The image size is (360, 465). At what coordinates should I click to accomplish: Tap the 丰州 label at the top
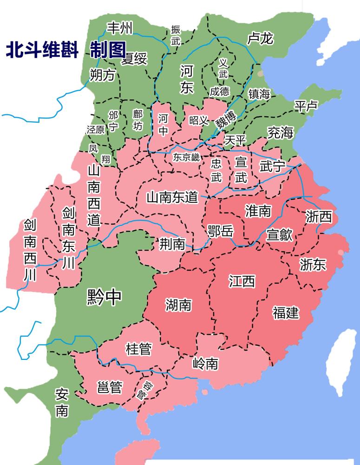(119, 28)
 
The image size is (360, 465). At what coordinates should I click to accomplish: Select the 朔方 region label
(102, 75)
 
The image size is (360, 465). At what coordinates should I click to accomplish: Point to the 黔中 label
(104, 297)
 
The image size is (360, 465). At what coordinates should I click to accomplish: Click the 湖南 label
(178, 305)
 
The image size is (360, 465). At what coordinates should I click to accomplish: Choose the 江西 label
(242, 281)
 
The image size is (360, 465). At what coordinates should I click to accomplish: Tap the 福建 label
(286, 312)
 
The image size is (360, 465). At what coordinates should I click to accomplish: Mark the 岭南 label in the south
(205, 363)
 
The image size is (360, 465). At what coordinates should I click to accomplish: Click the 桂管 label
(138, 349)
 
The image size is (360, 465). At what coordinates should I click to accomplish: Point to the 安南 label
(62, 403)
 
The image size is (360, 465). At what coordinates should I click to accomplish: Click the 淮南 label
(258, 211)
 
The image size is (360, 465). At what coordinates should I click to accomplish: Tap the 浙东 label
(313, 264)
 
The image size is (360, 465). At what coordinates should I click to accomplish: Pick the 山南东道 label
(172, 197)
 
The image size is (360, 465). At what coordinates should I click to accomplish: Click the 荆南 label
(172, 244)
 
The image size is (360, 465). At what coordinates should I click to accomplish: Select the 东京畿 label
(186, 158)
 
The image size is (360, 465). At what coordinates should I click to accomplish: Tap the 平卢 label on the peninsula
(306, 106)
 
